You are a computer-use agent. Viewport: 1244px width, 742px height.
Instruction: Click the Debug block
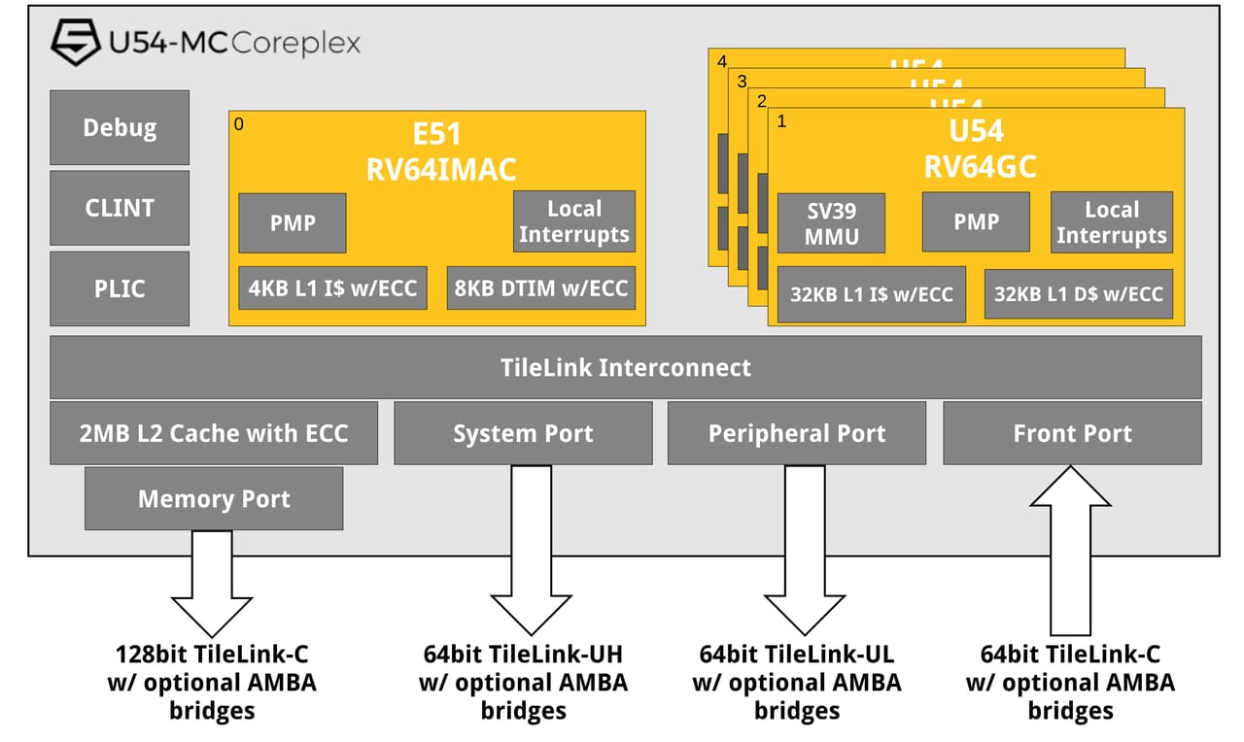click(x=120, y=127)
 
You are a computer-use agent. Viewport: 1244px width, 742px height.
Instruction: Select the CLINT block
click(x=120, y=208)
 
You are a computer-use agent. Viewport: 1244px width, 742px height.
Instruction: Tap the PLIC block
click(x=120, y=288)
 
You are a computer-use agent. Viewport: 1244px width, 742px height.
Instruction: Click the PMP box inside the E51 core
click(x=293, y=222)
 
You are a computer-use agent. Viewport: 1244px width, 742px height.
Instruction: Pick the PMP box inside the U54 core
click(x=976, y=222)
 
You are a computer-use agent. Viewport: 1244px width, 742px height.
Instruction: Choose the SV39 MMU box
click(x=832, y=222)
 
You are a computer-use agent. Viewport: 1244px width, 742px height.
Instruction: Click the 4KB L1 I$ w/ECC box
click(x=332, y=288)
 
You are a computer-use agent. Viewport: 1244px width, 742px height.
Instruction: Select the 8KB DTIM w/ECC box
click(x=541, y=288)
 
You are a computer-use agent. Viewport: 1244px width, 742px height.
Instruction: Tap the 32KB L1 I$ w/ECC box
click(x=872, y=294)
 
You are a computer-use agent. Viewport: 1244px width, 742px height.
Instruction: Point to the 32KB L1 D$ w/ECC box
click(x=1079, y=294)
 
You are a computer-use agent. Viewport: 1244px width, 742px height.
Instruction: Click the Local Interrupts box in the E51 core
click(x=573, y=221)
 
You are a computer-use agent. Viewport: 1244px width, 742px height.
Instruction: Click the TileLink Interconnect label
click(x=625, y=367)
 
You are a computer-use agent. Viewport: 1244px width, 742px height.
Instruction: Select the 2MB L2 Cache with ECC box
click(x=214, y=433)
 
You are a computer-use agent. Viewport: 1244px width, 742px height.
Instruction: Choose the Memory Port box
click(x=214, y=498)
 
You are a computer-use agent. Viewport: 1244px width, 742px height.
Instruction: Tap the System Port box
click(x=523, y=433)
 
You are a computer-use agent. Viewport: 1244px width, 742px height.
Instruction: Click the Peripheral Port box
click(x=797, y=433)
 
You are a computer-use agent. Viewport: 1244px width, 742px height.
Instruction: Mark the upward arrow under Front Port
click(x=1070, y=549)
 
